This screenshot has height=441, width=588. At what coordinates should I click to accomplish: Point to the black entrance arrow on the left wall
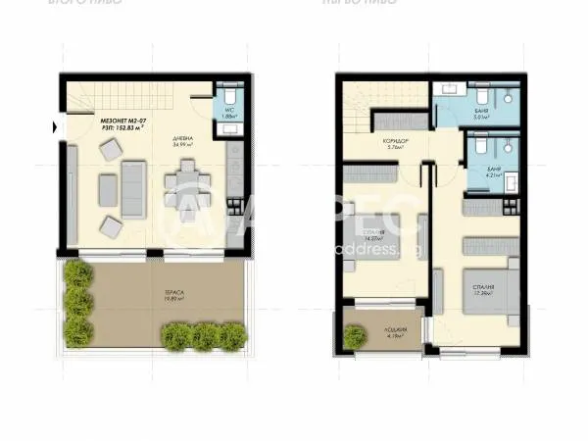coord(56,125)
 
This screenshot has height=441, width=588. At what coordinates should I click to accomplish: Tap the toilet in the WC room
coord(227,97)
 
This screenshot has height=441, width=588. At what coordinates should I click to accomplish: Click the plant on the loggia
coord(355,337)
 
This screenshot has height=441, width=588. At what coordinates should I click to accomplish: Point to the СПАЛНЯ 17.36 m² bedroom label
coord(480,290)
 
